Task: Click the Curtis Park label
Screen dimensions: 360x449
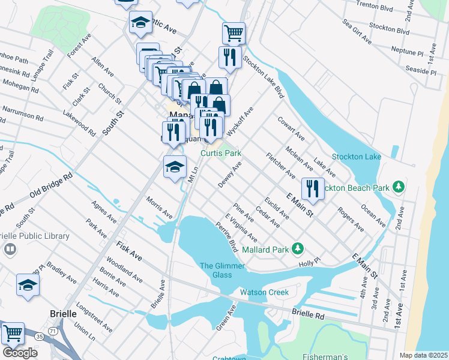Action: [220, 154]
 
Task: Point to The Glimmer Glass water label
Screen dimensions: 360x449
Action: [215, 270]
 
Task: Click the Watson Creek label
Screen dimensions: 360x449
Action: [264, 293]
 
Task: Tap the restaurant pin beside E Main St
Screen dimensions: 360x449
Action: [313, 188]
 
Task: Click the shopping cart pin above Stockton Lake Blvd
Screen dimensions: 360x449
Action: [234, 32]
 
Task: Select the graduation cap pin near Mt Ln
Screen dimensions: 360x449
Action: [175, 166]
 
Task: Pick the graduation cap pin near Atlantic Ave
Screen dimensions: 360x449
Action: [140, 23]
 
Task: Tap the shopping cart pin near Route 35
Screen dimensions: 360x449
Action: [12, 333]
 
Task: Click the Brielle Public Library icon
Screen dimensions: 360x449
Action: [10, 248]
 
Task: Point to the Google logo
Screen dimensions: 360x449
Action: [19, 353]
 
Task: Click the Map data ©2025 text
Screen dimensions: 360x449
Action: [423, 355]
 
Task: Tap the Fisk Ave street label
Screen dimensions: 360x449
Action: [130, 251]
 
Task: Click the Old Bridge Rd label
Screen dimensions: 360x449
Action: [50, 186]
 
